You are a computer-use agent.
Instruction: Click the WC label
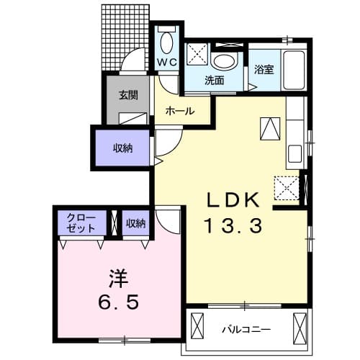pos(166,63)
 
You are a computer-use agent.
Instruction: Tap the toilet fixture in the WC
pos(167,42)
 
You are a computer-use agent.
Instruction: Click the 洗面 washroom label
pos(214,81)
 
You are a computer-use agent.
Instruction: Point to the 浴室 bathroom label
pos(264,70)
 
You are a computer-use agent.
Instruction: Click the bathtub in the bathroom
pos(295,69)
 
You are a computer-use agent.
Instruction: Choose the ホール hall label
pos(178,111)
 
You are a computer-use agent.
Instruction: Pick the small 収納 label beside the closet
pos(135,224)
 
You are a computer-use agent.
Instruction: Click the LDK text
pos(233,199)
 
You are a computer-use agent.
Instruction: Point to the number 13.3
pos(233,225)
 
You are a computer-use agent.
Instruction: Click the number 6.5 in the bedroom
pos(117,302)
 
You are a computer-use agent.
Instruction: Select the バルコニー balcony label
pos(246,329)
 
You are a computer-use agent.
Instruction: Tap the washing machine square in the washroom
pos(197,55)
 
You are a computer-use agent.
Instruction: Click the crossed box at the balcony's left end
pos(197,330)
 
